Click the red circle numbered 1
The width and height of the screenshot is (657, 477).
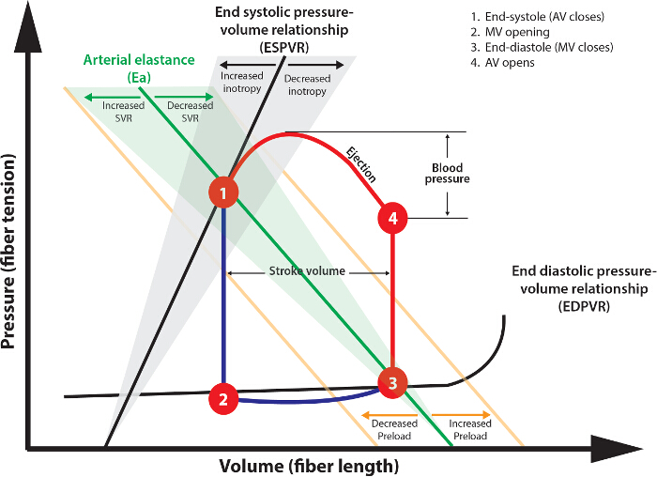click(223, 192)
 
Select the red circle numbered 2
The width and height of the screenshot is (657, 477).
click(223, 399)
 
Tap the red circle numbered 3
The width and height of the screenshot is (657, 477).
click(392, 383)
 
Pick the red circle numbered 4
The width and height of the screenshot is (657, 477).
click(392, 219)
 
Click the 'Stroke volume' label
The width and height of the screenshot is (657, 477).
click(307, 271)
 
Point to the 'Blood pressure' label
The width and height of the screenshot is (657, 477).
click(447, 174)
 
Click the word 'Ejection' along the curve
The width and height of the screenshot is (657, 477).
click(360, 164)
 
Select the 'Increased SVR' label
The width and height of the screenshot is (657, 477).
click(124, 112)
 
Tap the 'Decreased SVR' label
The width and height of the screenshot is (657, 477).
click(191, 112)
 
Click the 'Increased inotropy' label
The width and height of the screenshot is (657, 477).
click(242, 82)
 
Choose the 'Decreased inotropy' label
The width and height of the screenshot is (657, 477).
click(307, 85)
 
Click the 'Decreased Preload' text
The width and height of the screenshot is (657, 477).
click(394, 430)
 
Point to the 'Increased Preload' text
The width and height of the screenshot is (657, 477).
click(470, 430)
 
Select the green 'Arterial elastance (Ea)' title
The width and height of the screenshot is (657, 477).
click(139, 69)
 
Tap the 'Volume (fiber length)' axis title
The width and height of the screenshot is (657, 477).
click(309, 466)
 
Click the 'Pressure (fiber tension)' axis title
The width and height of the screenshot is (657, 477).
click(8, 252)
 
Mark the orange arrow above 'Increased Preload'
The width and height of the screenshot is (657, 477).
click(462, 415)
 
